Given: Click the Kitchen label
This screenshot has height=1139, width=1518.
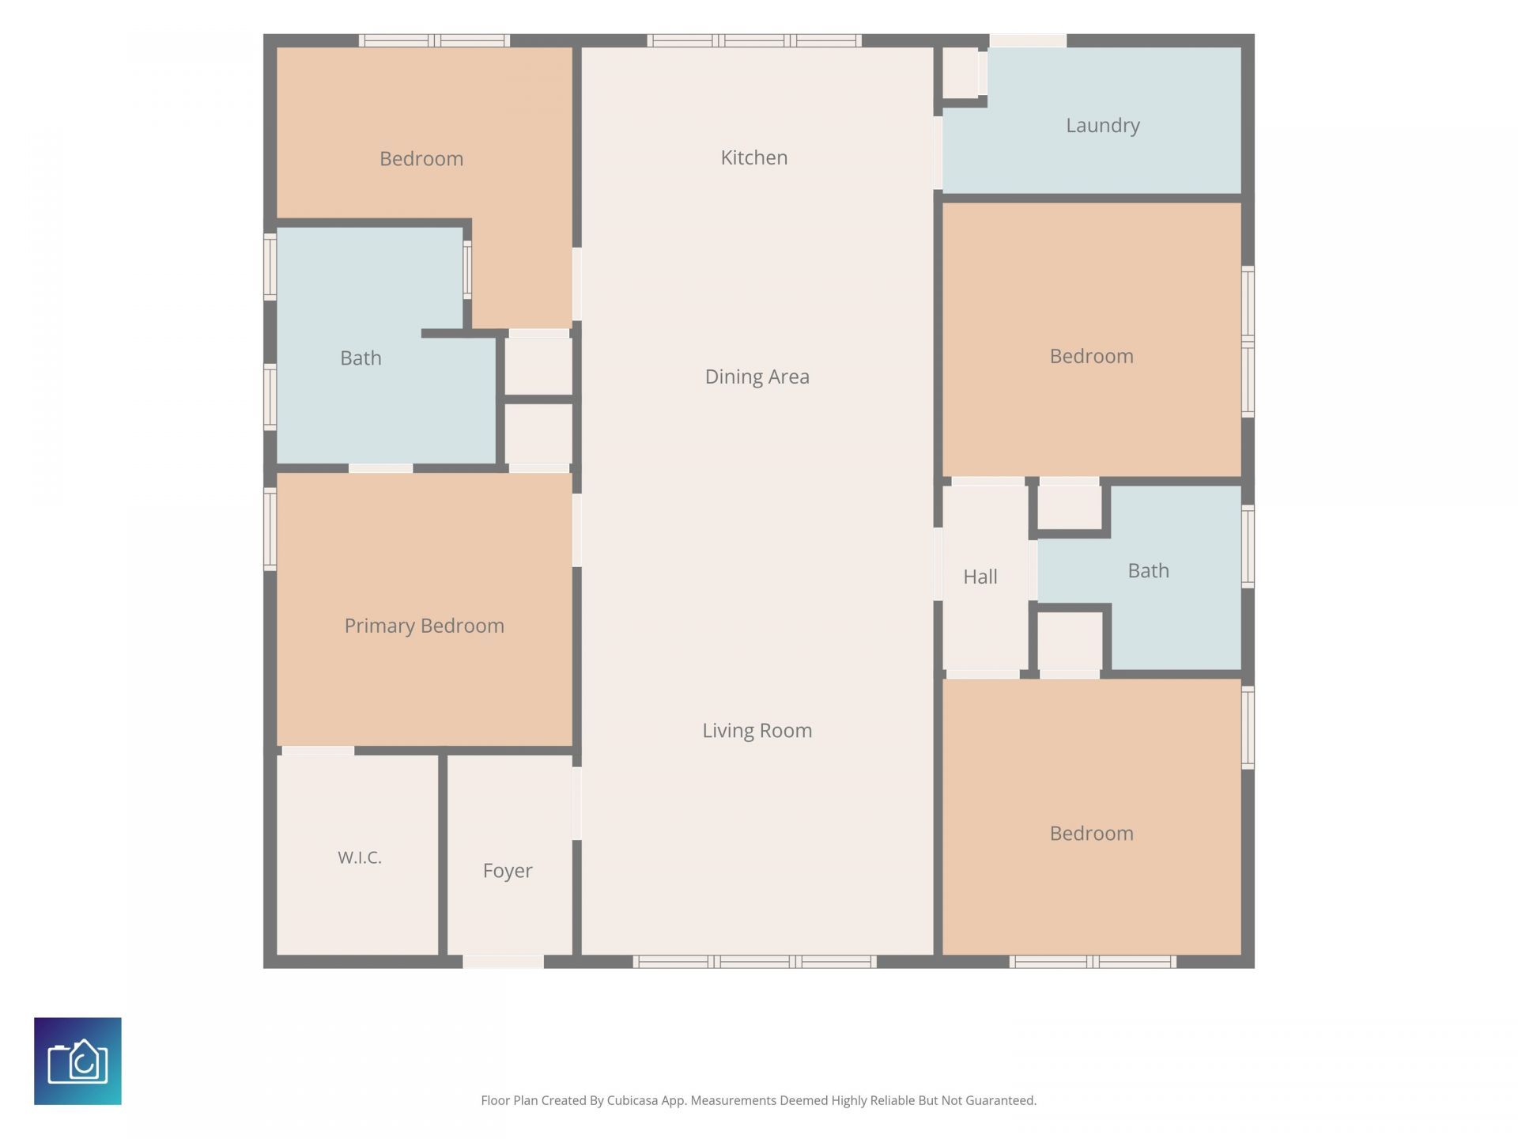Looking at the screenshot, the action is click(x=753, y=157).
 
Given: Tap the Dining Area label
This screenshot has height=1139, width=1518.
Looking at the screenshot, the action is click(x=757, y=377).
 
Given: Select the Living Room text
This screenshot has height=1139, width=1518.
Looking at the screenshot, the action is click(x=757, y=730).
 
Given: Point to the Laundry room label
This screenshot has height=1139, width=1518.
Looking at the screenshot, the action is click(x=1102, y=125).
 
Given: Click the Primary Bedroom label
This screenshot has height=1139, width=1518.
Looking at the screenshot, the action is click(x=424, y=626).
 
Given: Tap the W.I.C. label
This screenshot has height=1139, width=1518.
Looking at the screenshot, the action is click(x=360, y=857).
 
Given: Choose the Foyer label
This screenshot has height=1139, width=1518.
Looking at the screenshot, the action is click(x=508, y=871).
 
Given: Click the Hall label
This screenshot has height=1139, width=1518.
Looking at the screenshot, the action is click(x=980, y=577).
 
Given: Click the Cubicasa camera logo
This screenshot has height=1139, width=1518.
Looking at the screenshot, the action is click(x=77, y=1061).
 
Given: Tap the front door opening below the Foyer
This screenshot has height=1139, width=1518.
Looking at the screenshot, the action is click(x=503, y=962).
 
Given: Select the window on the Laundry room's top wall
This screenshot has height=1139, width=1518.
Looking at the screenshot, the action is click(x=1028, y=40).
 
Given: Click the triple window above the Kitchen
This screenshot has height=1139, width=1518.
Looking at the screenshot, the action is click(x=754, y=40).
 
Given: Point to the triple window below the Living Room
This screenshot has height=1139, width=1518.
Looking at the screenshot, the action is click(x=754, y=962).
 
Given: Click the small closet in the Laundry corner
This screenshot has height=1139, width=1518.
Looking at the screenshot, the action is click(x=961, y=73).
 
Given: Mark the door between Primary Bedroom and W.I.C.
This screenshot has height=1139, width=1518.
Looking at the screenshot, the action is click(x=318, y=751).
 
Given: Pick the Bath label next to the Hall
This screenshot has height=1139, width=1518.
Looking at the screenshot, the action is click(x=1148, y=570).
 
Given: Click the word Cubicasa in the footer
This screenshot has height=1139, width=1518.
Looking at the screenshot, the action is click(x=632, y=1100).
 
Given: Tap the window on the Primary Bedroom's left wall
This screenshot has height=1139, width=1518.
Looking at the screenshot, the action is click(x=270, y=529).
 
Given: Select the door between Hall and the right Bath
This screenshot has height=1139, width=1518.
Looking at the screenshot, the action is click(x=1033, y=570).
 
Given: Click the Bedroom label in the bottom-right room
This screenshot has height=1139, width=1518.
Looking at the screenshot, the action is click(x=1091, y=833).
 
